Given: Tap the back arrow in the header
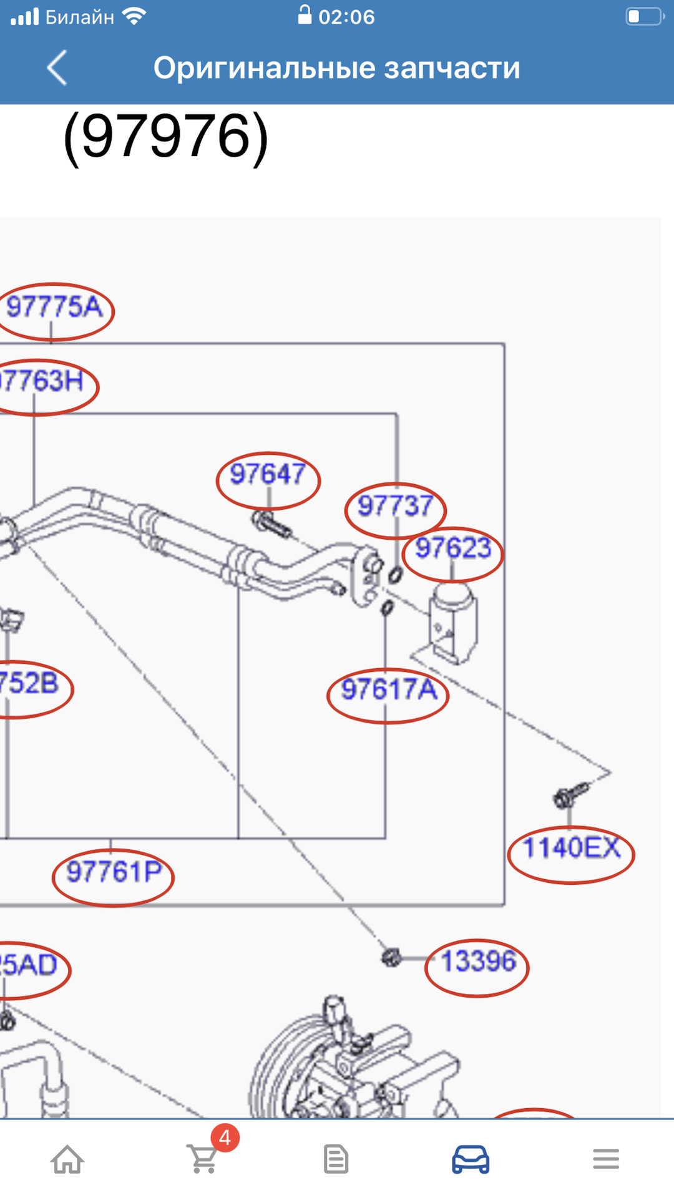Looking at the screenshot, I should pos(57,67).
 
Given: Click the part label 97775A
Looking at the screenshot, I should pos(55,308).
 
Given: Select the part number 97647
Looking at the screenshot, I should pos(268,474).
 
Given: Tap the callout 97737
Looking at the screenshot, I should pos(394,506).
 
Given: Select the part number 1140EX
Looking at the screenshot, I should pos(571,849).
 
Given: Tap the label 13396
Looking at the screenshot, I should pos(478,962).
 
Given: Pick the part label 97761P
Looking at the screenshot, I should pos(114,872).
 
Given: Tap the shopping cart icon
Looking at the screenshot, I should pos(203,1159).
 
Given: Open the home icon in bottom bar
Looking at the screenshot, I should pos(67,1159).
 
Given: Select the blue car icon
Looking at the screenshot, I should pos(471,1159).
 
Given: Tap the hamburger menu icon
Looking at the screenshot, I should pos(605,1159).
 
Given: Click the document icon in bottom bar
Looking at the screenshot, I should pos(336,1159).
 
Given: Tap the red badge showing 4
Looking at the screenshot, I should pos(225,1137).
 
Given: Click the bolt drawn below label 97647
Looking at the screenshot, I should pos(271,523).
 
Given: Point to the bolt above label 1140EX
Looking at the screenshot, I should pos(569,794).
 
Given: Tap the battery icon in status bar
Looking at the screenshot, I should pos(645,16).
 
